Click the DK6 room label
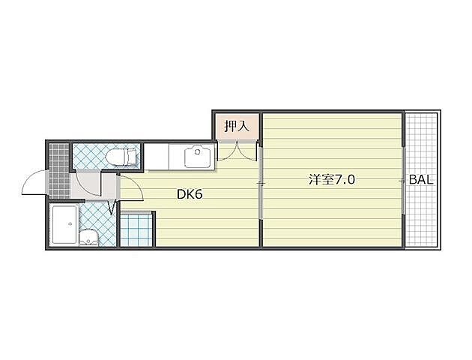pos(190,194)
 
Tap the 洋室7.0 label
pos(332,180)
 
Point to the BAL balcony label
pos(421,180)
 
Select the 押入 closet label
pos(237,126)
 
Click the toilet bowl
pos(118,157)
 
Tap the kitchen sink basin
pos(197,156)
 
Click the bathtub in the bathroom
pos(64,224)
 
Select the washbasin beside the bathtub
pos(88,238)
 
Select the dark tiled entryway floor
pos(59,171)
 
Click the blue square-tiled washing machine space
pos(136,229)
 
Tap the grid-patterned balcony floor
pos(421,180)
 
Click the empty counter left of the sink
pos(157,157)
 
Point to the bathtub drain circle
pos(70,223)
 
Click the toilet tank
pos(133,157)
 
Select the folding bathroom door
pos(112,208)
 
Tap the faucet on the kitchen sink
pos(198,151)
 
